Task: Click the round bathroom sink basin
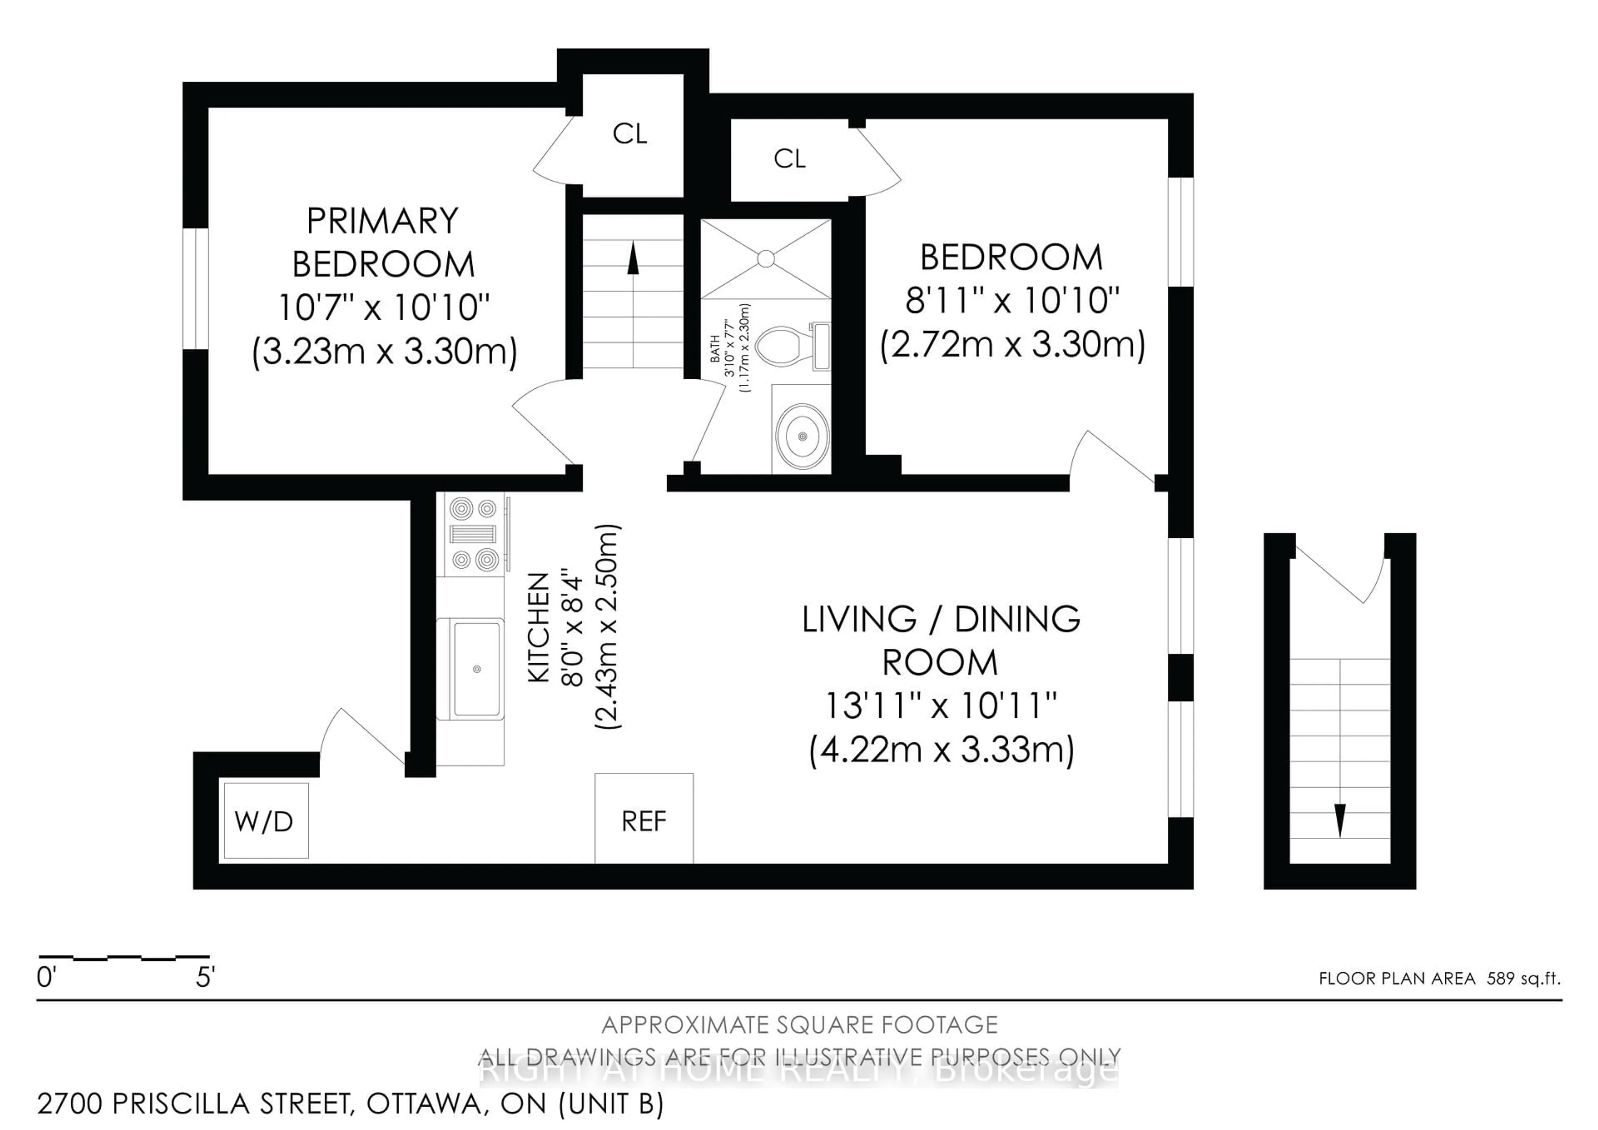(802, 436)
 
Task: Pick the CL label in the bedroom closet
(789, 159)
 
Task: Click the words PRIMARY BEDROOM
(383, 242)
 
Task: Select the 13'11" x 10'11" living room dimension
(940, 706)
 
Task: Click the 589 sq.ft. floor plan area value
(1523, 978)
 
